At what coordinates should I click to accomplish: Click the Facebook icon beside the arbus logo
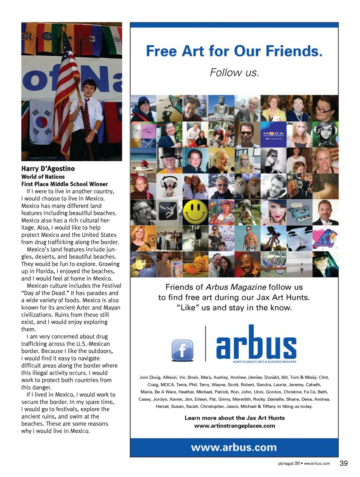(182, 350)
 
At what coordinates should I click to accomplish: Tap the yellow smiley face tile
(195, 212)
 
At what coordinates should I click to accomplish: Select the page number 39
(343, 463)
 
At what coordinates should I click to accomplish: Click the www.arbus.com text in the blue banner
(234, 447)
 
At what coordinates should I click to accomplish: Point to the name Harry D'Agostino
(48, 169)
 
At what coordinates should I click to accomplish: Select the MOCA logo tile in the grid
(273, 134)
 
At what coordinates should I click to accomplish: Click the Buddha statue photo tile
(221, 108)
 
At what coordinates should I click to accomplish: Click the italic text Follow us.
(234, 72)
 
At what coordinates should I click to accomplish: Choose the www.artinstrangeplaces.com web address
(234, 426)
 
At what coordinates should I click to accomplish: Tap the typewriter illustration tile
(299, 212)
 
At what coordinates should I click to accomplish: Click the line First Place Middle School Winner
(64, 184)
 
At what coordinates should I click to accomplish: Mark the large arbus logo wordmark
(256, 343)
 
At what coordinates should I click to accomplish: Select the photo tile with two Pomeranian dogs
(247, 186)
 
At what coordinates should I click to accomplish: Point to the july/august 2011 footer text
(289, 464)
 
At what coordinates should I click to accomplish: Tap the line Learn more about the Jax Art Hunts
(234, 418)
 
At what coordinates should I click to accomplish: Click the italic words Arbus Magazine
(236, 287)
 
